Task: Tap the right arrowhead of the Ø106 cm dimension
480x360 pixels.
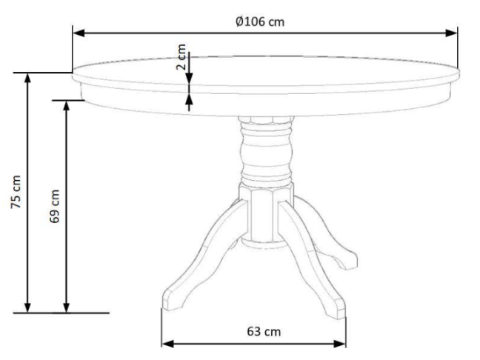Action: pos(453,33)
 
